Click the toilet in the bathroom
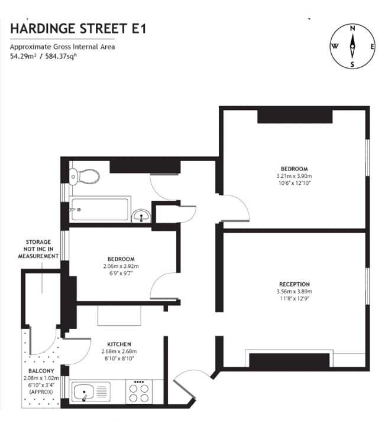[84, 177]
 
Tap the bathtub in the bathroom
[100, 209]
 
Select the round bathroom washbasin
[141, 216]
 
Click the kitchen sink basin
[83, 392]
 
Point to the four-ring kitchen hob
[139, 391]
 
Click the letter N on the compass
[352, 28]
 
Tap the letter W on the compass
[335, 46]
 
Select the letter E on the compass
[373, 47]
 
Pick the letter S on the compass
[352, 64]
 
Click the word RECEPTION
[295, 285]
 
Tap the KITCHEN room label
[119, 344]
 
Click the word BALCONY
[41, 371]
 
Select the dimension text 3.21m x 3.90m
[294, 176]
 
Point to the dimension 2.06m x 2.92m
[121, 266]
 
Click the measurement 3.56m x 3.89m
[295, 292]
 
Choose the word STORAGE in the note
[38, 242]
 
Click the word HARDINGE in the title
[43, 28]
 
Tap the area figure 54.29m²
[23, 56]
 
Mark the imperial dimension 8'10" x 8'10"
[119, 358]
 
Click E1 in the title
[139, 28]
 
